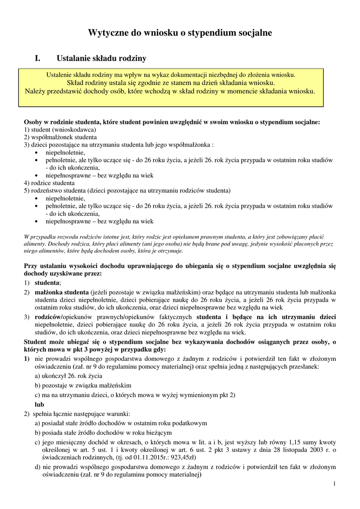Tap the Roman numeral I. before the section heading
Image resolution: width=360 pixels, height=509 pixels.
coord(37,59)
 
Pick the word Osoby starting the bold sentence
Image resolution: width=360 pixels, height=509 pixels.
coord(33,122)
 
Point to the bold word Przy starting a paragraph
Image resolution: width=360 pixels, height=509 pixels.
coord(31,266)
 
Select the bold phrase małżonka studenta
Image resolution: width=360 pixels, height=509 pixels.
coord(62,292)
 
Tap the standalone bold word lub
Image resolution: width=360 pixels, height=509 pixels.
coord(39,405)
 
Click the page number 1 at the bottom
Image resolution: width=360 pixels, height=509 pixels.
coord(335,485)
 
